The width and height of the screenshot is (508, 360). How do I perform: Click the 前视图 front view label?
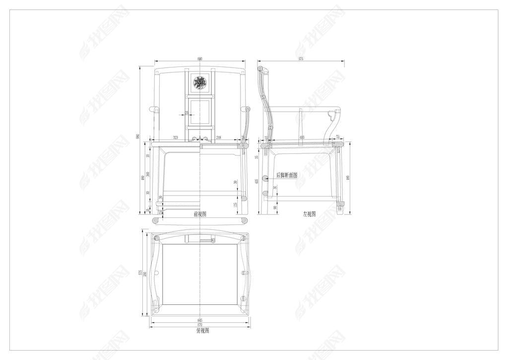(200, 214)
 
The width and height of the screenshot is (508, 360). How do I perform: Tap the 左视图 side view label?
(310, 214)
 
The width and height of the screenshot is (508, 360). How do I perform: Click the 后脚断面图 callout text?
(286, 175)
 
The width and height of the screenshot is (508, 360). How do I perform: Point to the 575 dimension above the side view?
(301, 59)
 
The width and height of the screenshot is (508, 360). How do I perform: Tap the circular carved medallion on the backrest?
(200, 83)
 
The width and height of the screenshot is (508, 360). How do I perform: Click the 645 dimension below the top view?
(200, 320)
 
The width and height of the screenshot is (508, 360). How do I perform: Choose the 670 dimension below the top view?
(200, 325)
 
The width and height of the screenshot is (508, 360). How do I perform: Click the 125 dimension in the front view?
(235, 204)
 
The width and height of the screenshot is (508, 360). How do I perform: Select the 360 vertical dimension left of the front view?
(148, 176)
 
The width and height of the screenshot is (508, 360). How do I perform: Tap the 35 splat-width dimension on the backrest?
(186, 114)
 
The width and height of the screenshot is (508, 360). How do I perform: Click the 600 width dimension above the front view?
(200, 59)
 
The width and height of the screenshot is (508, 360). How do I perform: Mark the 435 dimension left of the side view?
(256, 181)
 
